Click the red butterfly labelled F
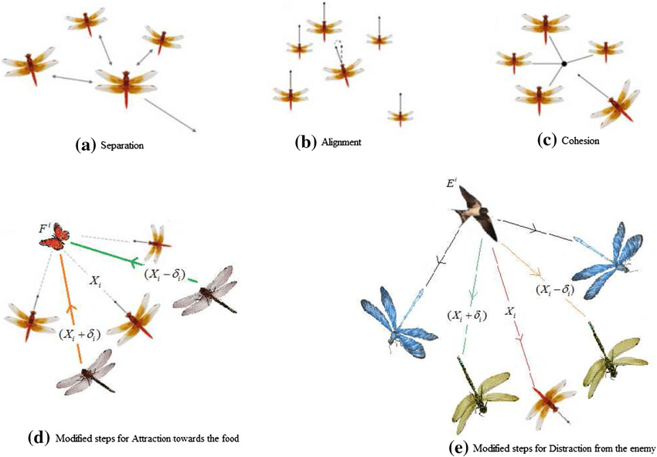[54, 236]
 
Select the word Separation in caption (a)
[123, 145]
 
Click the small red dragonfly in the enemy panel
[553, 401]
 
